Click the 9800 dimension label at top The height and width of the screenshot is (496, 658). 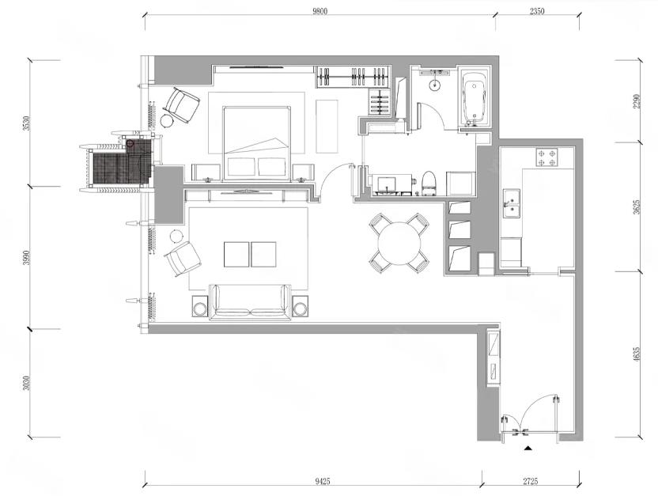(x=320, y=11)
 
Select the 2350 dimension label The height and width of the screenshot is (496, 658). (x=537, y=11)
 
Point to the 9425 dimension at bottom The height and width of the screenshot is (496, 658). (x=323, y=481)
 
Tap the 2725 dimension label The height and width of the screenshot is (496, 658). (x=531, y=481)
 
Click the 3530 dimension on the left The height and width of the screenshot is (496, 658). (x=26, y=123)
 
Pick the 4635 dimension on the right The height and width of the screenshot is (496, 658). (x=637, y=354)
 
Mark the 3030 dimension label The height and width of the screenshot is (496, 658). (x=26, y=383)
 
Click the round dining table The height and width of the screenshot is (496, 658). (x=399, y=244)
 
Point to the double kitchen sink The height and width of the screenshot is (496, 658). (x=512, y=203)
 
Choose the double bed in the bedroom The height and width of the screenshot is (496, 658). (x=257, y=143)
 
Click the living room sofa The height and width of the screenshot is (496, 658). (x=251, y=302)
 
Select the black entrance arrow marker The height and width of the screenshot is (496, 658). (x=528, y=449)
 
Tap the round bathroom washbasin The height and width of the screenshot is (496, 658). (x=435, y=85)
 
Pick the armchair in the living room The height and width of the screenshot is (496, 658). (x=182, y=258)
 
